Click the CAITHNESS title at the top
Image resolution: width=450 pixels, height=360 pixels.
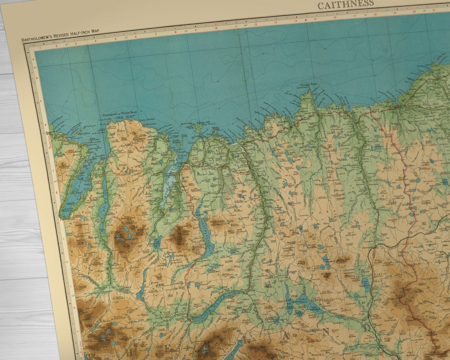coord(345,5)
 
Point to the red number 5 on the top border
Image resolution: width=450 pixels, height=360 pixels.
coord(115,38)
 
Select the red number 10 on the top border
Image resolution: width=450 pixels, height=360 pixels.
coord(216,28)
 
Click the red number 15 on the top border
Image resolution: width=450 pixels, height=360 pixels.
coord(315,19)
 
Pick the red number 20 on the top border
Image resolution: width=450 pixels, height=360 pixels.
coord(414,11)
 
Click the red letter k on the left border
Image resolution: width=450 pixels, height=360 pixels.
coord(67,262)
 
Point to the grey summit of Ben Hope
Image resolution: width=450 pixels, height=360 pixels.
coord(119,237)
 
